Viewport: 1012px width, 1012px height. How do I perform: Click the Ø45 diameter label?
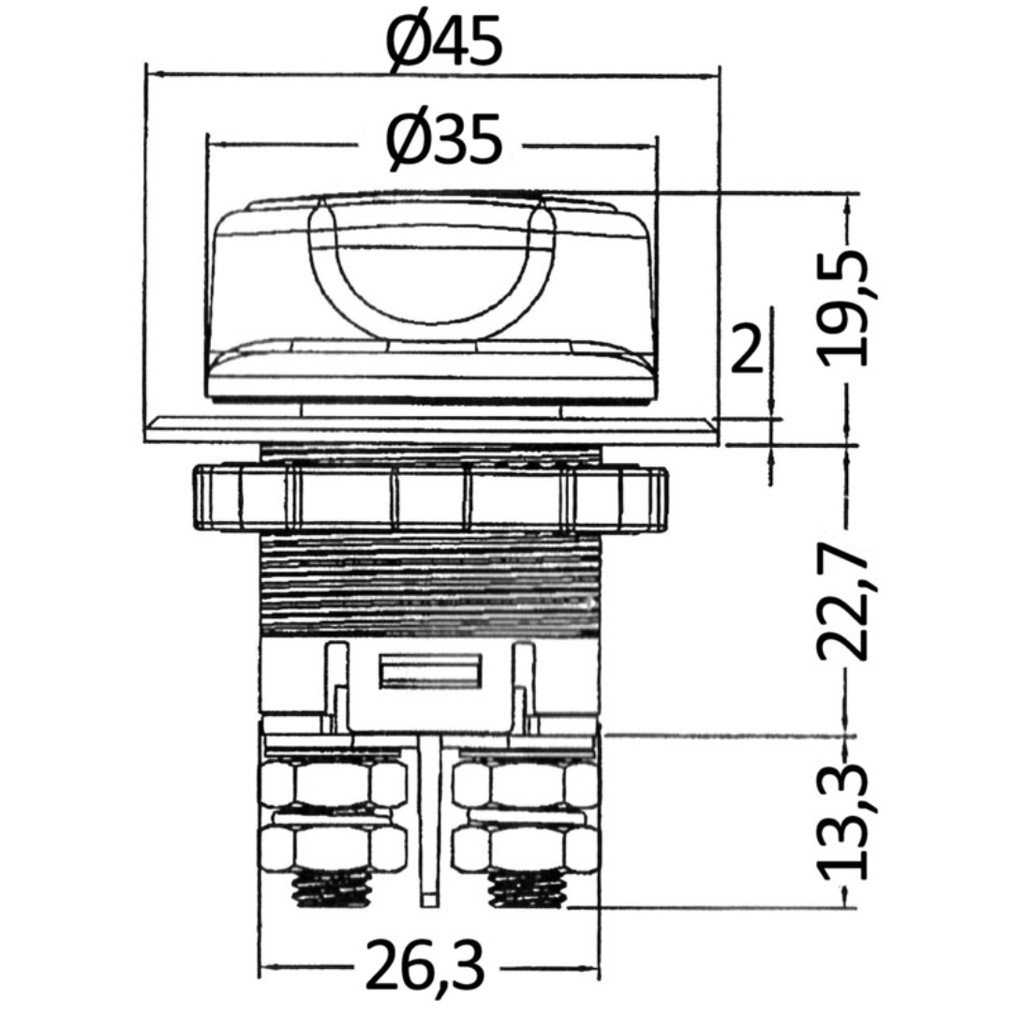click(443, 41)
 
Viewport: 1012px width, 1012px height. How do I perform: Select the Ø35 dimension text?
click(443, 140)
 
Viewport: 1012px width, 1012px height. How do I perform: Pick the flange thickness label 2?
click(747, 349)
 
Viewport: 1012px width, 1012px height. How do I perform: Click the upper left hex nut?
click(333, 783)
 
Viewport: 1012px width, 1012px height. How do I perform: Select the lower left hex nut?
click(333, 847)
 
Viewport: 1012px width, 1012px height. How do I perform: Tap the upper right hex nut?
click(525, 783)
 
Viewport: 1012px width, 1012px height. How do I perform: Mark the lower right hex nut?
click(525, 847)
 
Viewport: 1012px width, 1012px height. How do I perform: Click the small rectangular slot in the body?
click(430, 671)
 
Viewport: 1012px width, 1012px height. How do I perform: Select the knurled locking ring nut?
click(430, 499)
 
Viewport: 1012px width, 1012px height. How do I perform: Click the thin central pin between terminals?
click(429, 820)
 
